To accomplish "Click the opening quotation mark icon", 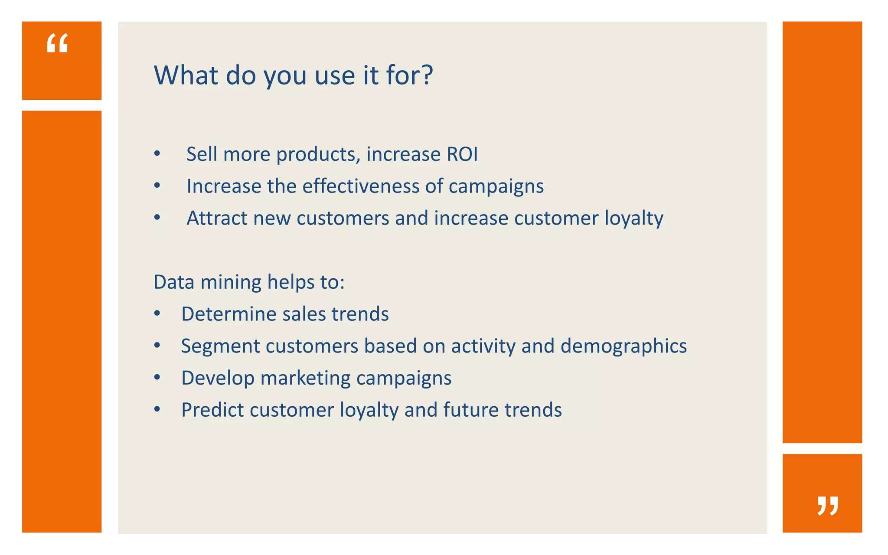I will pos(57,44).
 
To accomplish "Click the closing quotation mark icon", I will pos(827,506).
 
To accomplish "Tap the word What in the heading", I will pos(186,75).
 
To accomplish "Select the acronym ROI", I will pos(462,154).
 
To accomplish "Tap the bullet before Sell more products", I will pos(157,154).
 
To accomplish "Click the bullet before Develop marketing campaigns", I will pos(157,378).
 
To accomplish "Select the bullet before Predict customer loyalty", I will pos(157,410).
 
